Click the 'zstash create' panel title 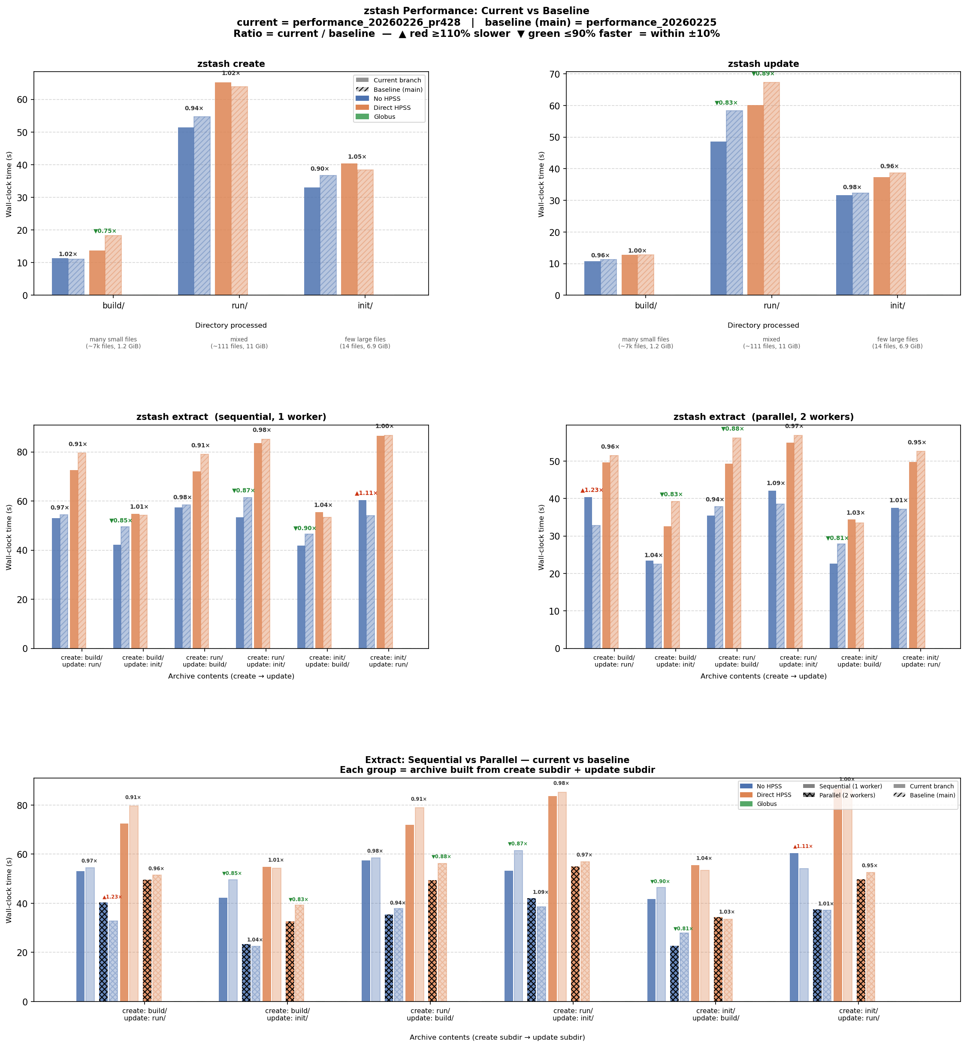[231, 64]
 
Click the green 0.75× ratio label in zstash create [105, 231]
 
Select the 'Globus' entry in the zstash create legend [384, 117]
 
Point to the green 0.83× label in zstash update [726, 103]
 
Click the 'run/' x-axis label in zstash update [771, 305]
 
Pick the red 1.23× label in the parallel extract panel [592, 490]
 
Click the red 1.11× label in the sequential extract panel [366, 493]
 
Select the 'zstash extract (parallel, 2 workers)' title [764, 417]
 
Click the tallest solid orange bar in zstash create [223, 188]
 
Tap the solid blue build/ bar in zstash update [592, 278]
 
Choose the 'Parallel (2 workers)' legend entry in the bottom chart [846, 795]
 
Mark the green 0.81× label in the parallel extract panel [837, 538]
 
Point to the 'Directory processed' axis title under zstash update [763, 326]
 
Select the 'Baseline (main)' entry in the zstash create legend [398, 90]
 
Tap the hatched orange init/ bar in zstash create [365, 232]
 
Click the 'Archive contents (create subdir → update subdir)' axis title [497, 1037]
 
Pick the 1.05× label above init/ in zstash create [357, 157]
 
